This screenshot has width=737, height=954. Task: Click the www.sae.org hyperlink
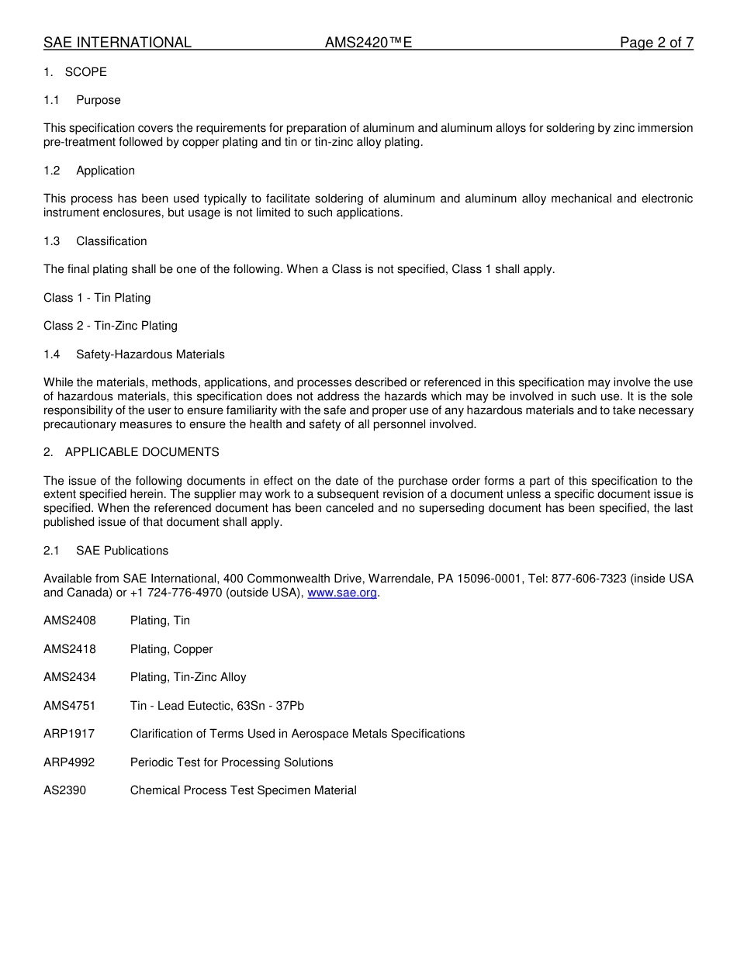(342, 593)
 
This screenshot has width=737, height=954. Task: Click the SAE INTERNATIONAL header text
(117, 43)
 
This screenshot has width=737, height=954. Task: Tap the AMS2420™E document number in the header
(368, 43)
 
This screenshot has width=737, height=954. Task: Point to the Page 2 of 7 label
(656, 43)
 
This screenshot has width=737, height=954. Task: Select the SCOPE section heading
(85, 72)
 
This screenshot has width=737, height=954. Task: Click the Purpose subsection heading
(99, 100)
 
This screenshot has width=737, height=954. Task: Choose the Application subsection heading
(106, 171)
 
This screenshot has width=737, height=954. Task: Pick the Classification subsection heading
(112, 241)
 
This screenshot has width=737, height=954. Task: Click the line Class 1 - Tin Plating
(97, 298)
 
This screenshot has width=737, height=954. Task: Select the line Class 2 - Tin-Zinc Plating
(110, 326)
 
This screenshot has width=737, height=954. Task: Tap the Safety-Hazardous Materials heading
(151, 354)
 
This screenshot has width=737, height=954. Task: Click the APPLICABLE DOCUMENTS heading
(142, 452)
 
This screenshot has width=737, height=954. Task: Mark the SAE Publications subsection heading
(122, 551)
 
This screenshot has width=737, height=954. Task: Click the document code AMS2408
(70, 620)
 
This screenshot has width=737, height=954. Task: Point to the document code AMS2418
(70, 649)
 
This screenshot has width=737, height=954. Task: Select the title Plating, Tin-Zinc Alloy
(188, 677)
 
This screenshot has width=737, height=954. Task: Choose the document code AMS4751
(70, 706)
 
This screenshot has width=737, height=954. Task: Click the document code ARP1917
(69, 734)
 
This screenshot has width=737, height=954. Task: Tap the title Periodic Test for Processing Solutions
(231, 762)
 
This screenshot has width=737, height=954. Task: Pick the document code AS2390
(65, 790)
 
